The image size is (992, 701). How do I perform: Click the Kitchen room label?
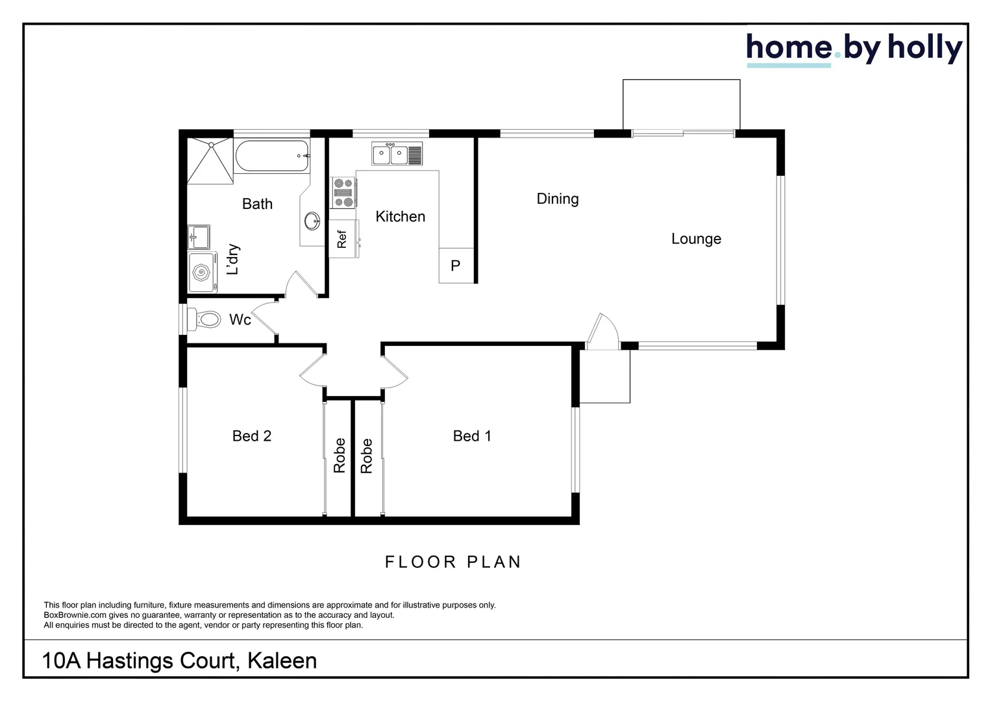pos(400,217)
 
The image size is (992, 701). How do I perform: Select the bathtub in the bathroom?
pos(271,156)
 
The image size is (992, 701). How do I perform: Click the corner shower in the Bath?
pos(210,161)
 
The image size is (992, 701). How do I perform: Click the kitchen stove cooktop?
pos(343,193)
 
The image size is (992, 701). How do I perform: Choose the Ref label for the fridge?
pos(342,240)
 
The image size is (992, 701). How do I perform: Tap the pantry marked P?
pos(456,265)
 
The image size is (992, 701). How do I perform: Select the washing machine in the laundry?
pos(202,273)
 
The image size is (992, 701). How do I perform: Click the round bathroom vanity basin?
pos(312,221)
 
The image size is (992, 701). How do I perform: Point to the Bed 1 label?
pos(472,436)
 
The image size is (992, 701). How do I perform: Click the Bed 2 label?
pos(252,436)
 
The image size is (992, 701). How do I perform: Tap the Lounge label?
pos(696,239)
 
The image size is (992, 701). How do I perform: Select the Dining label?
pos(558,199)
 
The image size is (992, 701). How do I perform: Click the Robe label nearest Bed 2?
pos(339,455)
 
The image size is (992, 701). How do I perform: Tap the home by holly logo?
pos(854,49)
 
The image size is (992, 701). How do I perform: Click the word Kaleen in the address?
pos(282,661)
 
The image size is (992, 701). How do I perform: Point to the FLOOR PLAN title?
pos(453,562)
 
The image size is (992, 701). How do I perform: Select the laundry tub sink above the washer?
pos(199,237)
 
